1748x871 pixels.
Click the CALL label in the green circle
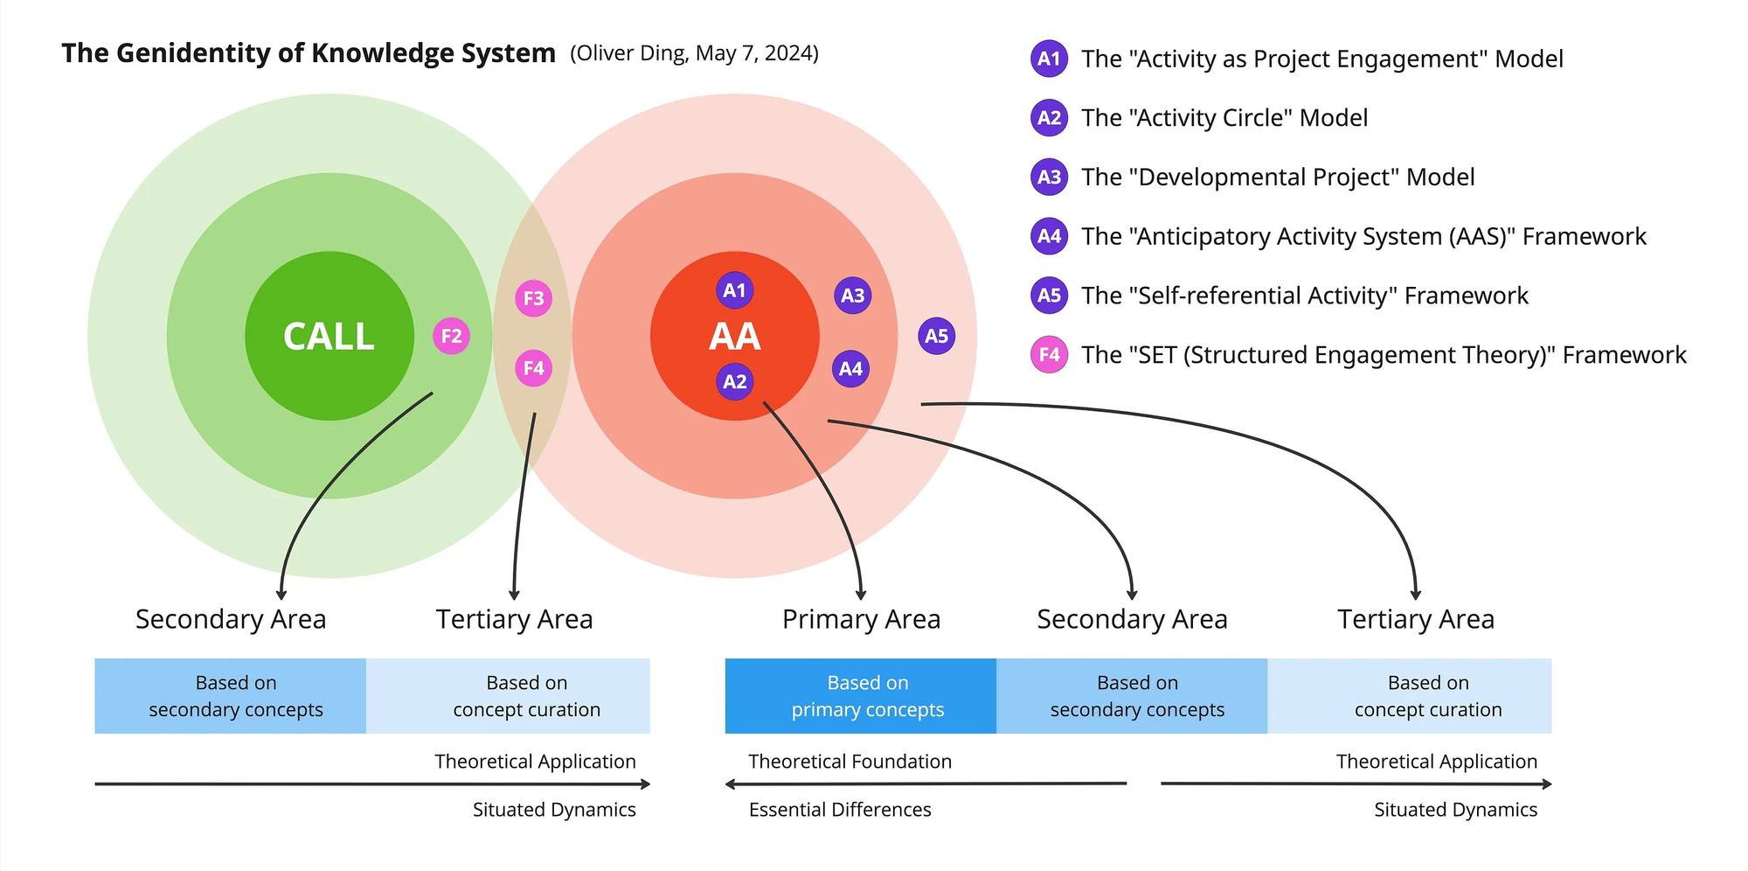(329, 337)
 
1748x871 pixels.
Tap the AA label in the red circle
(735, 337)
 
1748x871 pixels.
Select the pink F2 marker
(451, 336)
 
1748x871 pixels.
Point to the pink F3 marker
(534, 298)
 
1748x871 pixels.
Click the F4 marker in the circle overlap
(534, 368)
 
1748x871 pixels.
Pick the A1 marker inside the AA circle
(735, 290)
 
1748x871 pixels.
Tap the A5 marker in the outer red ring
(936, 336)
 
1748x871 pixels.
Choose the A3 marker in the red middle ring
(852, 296)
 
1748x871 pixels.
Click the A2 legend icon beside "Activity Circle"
(1049, 118)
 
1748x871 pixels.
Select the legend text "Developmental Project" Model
(1278, 178)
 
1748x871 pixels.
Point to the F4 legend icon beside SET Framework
(1049, 354)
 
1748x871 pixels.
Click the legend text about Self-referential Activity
(1305, 296)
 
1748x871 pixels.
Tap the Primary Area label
(861, 619)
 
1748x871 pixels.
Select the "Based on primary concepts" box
(861, 696)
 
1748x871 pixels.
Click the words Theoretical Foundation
(850, 762)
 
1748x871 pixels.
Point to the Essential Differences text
(840, 810)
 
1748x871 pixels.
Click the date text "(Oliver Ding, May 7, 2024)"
(695, 53)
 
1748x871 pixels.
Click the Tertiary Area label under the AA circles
(1416, 619)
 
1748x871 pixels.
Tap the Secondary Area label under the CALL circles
(231, 619)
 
